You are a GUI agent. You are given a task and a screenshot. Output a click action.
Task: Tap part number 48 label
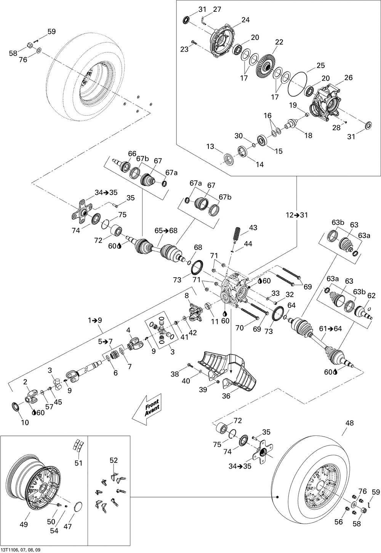pyautogui.click(x=349, y=423)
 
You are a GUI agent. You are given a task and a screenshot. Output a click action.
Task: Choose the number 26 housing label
pyautogui.click(x=349, y=78)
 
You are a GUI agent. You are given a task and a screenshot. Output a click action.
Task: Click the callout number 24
pyautogui.click(x=245, y=20)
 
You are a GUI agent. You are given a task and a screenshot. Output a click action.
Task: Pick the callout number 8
pyautogui.click(x=187, y=296)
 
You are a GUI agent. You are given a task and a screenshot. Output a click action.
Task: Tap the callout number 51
pyautogui.click(x=78, y=463)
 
